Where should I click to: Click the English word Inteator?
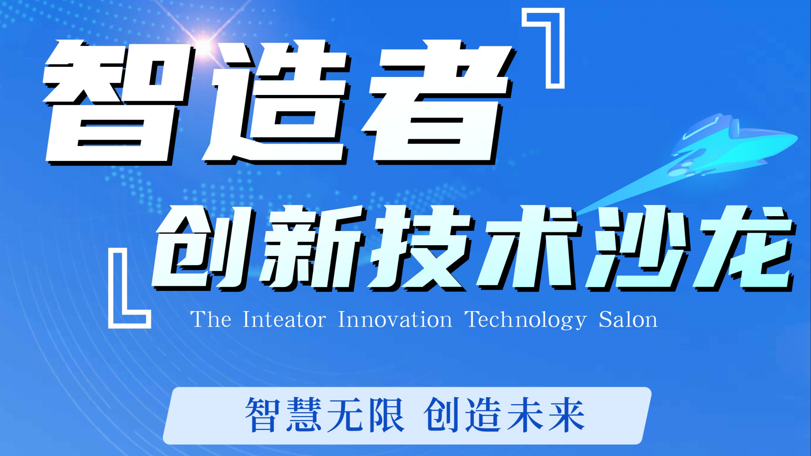[x=284, y=320]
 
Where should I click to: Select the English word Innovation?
[x=395, y=320]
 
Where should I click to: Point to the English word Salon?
[x=628, y=320]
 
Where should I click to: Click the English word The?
[x=211, y=320]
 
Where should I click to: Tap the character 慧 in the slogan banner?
[x=304, y=415]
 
